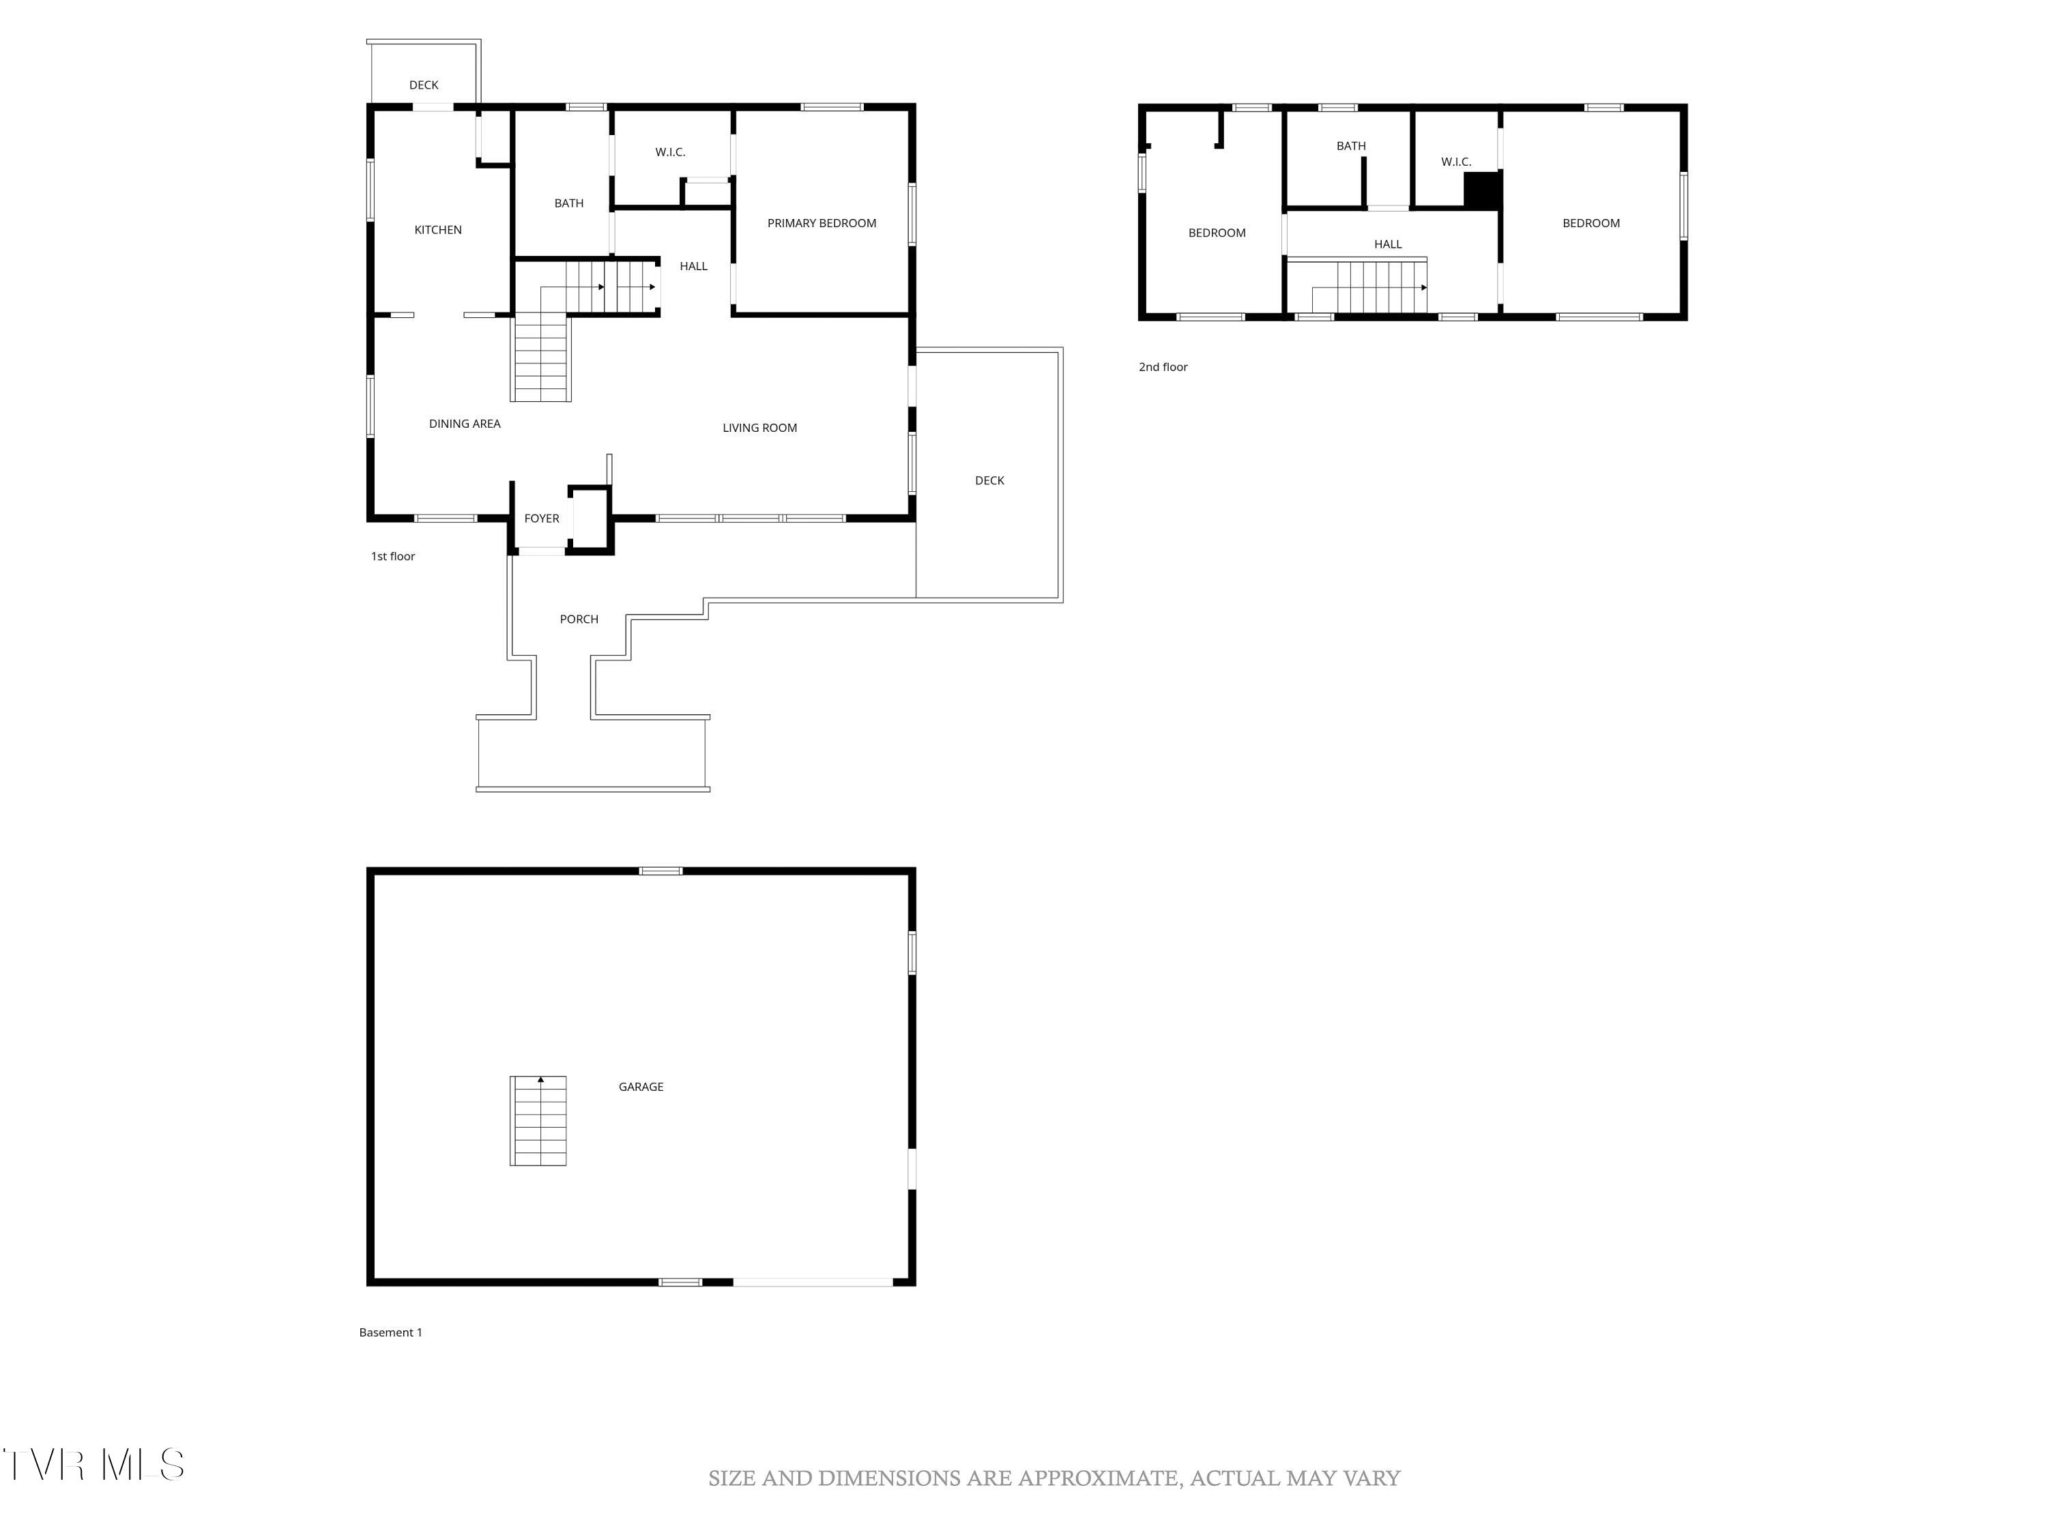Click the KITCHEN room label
(x=438, y=229)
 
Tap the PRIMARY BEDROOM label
(x=821, y=223)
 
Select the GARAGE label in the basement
(x=641, y=1086)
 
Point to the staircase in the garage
(x=538, y=1120)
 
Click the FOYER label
(x=541, y=518)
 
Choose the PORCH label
(x=579, y=619)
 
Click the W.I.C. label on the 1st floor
(x=670, y=151)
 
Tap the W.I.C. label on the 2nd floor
(x=1455, y=162)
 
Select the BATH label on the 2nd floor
(x=1350, y=145)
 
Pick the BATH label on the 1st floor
(x=568, y=203)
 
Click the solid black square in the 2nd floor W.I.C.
(x=1481, y=190)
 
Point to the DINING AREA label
(x=465, y=424)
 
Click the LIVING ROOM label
(x=759, y=428)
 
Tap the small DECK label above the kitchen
(x=424, y=85)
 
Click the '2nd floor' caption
(x=1162, y=367)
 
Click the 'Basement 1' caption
(x=390, y=1332)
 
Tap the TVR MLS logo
(x=93, y=1465)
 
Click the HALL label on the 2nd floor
(x=1387, y=244)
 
